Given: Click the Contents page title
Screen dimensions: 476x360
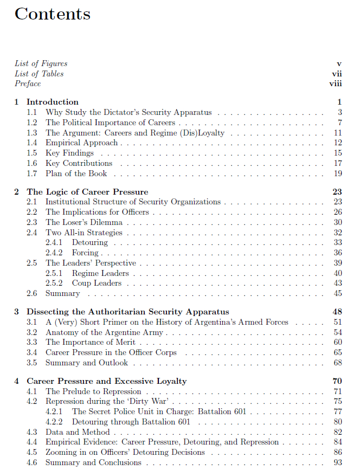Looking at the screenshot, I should click(x=53, y=14).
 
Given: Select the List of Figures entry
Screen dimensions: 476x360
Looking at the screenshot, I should click(x=41, y=63).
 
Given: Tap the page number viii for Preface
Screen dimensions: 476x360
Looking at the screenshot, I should click(x=336, y=83).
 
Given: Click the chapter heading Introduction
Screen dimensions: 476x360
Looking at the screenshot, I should click(x=53, y=102).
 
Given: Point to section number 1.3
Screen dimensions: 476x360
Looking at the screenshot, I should click(x=32, y=133).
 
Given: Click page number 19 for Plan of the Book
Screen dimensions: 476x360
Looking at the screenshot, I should click(x=338, y=174).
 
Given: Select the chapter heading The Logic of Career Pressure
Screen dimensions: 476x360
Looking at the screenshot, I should click(x=87, y=192).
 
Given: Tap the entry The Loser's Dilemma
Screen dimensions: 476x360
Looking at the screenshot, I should click(x=84, y=222).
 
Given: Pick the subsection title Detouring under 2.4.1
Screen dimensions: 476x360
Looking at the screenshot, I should click(x=89, y=242).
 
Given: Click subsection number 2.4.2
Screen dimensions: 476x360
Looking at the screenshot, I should click(x=54, y=253).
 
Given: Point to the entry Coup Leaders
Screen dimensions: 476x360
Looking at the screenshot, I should click(x=97, y=284).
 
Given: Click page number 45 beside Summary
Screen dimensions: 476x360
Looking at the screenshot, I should click(x=338, y=294).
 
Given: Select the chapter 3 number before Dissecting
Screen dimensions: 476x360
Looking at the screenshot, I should click(x=16, y=312).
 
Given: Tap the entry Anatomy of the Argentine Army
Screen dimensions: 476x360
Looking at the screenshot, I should click(x=104, y=332).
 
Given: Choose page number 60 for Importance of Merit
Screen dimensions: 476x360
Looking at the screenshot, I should click(x=338, y=342).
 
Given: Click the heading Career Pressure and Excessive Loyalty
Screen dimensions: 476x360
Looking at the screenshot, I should click(x=107, y=381).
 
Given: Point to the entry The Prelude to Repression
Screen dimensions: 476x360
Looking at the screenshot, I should click(x=93, y=391).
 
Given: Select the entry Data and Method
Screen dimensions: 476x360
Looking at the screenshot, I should click(x=78, y=432).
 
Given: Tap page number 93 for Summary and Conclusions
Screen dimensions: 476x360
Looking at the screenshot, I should click(x=338, y=463).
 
